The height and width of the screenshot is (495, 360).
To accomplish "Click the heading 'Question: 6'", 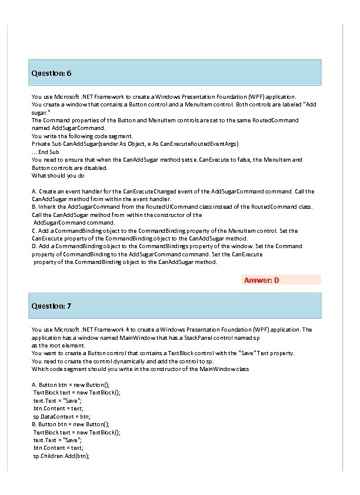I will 51,73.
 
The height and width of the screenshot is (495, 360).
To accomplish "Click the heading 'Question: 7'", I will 51,306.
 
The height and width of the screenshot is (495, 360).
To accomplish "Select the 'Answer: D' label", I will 261,280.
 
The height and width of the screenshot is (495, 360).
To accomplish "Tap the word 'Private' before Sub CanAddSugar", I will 41,143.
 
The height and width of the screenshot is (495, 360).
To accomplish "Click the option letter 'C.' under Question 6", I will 34,231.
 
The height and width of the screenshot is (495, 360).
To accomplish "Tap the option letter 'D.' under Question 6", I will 34,247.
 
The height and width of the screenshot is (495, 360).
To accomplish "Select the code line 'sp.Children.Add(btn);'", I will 61,456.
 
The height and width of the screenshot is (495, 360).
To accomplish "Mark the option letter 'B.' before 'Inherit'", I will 34,207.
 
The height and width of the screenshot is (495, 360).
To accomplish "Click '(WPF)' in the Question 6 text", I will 266,96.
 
